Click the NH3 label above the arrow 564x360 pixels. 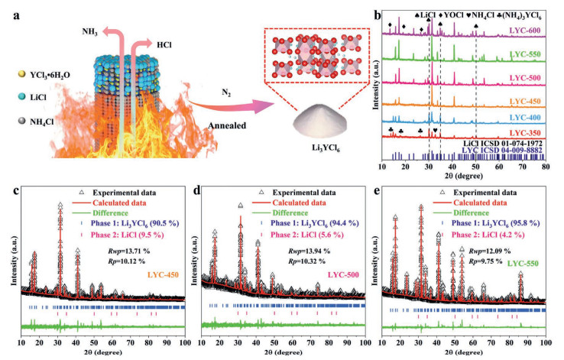pos(89,31)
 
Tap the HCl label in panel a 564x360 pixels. pos(164,44)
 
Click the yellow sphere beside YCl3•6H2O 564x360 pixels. pos(22,74)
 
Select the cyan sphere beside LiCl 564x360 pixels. pos(22,97)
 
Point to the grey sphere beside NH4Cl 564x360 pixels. pos(22,121)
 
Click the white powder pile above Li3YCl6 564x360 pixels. pos(319,122)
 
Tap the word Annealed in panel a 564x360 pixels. pos(227,125)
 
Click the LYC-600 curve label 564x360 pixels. pos(525,31)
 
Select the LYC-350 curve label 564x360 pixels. pos(525,133)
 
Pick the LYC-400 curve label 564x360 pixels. pos(525,117)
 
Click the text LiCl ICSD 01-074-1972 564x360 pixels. pos(503,143)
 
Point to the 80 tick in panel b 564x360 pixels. pos(546,167)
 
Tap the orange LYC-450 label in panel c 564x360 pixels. pos(163,275)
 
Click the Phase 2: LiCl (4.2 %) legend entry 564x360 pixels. pos(488,235)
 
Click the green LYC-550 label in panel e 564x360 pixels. pos(523,264)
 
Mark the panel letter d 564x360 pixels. pos(196,190)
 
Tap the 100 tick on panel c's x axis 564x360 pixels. pos(185,342)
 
